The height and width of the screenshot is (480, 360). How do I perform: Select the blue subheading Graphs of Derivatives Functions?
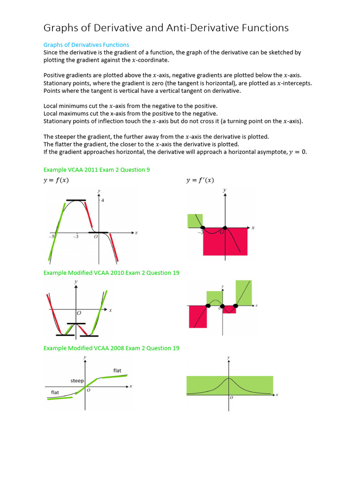click(x=86, y=45)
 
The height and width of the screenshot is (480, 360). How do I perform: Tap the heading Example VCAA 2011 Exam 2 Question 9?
click(x=97, y=170)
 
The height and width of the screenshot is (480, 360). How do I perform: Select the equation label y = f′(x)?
click(x=200, y=180)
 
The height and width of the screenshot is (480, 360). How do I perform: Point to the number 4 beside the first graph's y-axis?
click(x=103, y=201)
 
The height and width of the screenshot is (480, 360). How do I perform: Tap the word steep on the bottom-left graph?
click(x=77, y=381)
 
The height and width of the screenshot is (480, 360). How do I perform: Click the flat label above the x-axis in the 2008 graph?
click(x=117, y=371)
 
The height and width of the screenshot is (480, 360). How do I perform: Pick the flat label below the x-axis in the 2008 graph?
click(x=55, y=392)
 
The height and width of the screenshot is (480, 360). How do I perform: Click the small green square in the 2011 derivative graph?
click(x=195, y=220)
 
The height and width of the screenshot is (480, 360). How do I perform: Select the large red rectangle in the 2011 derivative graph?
click(x=225, y=241)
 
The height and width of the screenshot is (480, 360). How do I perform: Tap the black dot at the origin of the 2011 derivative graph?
click(x=224, y=228)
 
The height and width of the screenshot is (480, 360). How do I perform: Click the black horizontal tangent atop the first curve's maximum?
click(x=76, y=200)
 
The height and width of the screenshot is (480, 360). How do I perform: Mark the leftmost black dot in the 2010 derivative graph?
click(x=207, y=306)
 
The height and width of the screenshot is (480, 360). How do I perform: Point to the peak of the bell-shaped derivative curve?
click(x=229, y=378)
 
